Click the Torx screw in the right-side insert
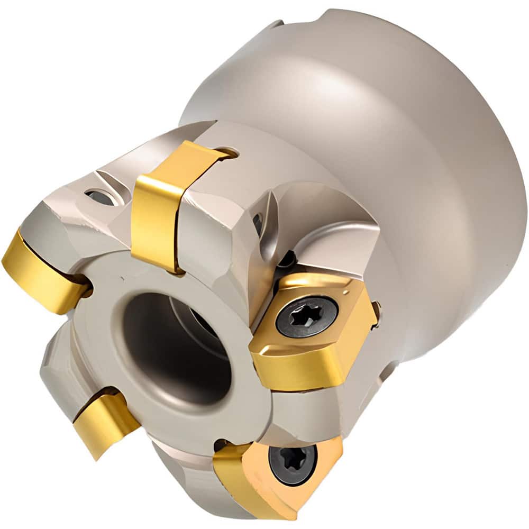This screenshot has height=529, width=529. (x=307, y=317)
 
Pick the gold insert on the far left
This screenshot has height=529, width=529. (x=42, y=270)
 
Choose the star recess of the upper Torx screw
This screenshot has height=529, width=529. (x=307, y=317)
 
